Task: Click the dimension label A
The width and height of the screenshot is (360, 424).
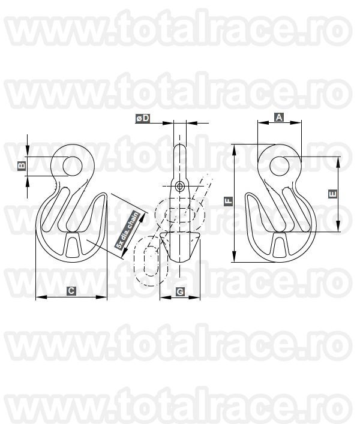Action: [x=279, y=118]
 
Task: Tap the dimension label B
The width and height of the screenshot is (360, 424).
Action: [x=22, y=166]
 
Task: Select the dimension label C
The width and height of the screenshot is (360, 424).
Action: [x=71, y=291]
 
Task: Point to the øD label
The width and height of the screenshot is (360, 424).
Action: [x=143, y=118]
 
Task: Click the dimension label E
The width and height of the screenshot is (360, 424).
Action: [x=332, y=194]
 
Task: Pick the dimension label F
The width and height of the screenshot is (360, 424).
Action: [x=229, y=201]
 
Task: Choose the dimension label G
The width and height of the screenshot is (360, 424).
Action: [x=180, y=292]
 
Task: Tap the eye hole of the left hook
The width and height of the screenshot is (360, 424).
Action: [x=73, y=166]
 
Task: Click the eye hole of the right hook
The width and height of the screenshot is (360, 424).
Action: [x=280, y=166]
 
